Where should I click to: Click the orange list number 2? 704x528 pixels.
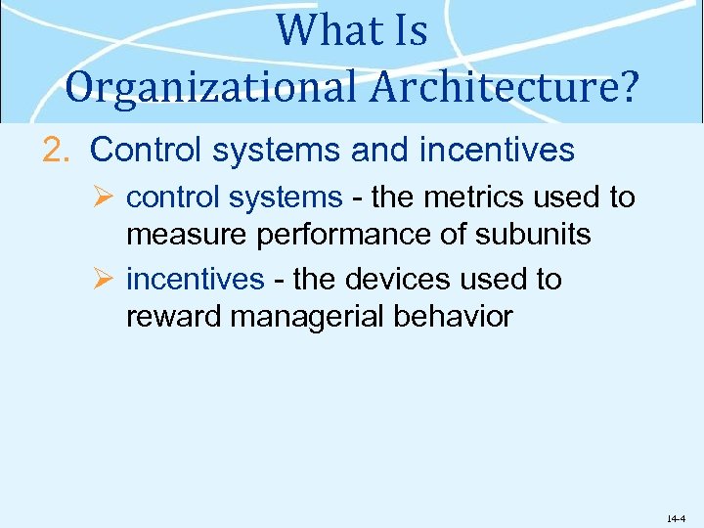58,151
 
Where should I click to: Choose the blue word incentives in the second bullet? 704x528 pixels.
196,280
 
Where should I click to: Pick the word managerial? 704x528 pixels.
306,317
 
